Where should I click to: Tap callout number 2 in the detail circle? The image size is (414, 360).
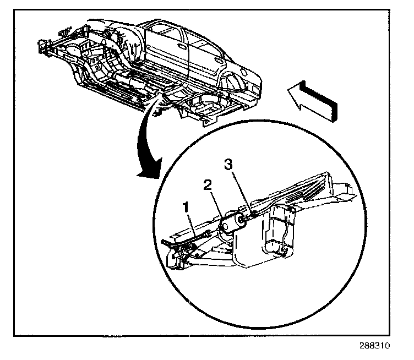pos(208,185)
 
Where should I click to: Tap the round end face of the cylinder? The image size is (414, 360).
pos(224,226)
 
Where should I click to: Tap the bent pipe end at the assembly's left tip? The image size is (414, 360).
pos(167,242)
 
